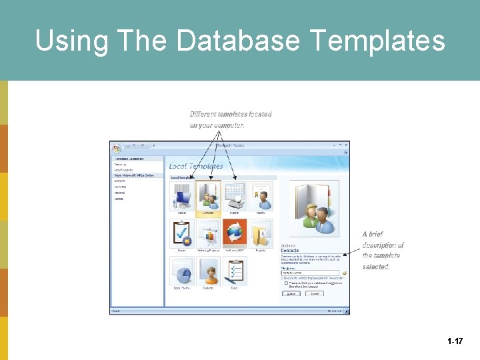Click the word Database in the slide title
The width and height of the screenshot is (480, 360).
click(238, 41)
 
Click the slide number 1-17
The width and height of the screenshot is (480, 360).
click(455, 341)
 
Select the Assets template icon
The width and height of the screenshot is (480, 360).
click(181, 196)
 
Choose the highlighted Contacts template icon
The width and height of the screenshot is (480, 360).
click(208, 196)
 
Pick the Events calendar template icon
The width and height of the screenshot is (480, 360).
click(235, 196)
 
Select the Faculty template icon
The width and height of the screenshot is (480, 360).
click(261, 196)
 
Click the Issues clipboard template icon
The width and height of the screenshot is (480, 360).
click(181, 233)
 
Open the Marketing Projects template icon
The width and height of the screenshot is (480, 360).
click(208, 233)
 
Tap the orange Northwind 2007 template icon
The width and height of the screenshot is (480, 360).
click(235, 233)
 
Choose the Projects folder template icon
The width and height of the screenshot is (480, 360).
click(261, 233)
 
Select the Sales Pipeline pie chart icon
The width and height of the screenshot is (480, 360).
click(181, 270)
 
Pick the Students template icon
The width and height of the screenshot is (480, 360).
click(208, 270)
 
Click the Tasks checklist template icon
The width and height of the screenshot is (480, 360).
click(235, 270)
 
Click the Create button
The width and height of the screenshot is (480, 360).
click(291, 293)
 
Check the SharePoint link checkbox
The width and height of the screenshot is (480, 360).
click(286, 283)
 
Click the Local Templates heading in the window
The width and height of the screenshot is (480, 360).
click(196, 166)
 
